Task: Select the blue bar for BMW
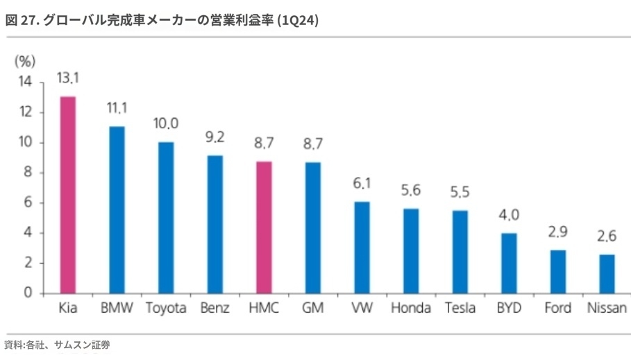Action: coord(117,209)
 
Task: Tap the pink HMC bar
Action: coord(264,227)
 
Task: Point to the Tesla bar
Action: coord(460,251)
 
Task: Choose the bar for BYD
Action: coord(510,262)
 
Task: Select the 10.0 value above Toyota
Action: coord(166,123)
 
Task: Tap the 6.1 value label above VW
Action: coord(362,183)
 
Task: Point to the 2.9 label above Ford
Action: coord(558,232)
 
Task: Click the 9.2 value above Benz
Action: coord(215,137)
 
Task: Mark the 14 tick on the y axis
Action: coord(25,83)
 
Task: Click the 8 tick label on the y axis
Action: coord(28,173)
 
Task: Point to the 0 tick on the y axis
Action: coord(28,293)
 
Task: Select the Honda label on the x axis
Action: coord(411,308)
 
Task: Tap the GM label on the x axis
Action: coord(313,308)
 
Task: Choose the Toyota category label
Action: coord(166,308)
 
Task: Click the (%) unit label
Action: coord(25,61)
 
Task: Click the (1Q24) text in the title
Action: coord(298,21)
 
